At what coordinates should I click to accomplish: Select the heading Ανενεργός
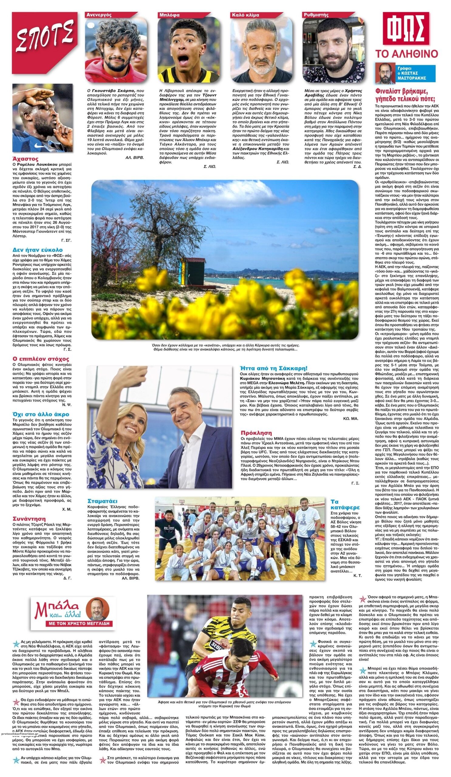(99, 15)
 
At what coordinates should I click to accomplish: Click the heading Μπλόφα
(170, 15)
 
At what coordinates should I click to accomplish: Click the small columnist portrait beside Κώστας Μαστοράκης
(385, 73)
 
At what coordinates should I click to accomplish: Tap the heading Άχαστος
(25, 159)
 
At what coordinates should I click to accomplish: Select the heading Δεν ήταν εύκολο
(38, 250)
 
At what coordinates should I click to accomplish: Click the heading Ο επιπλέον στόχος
(41, 359)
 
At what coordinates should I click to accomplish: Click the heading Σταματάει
(102, 501)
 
